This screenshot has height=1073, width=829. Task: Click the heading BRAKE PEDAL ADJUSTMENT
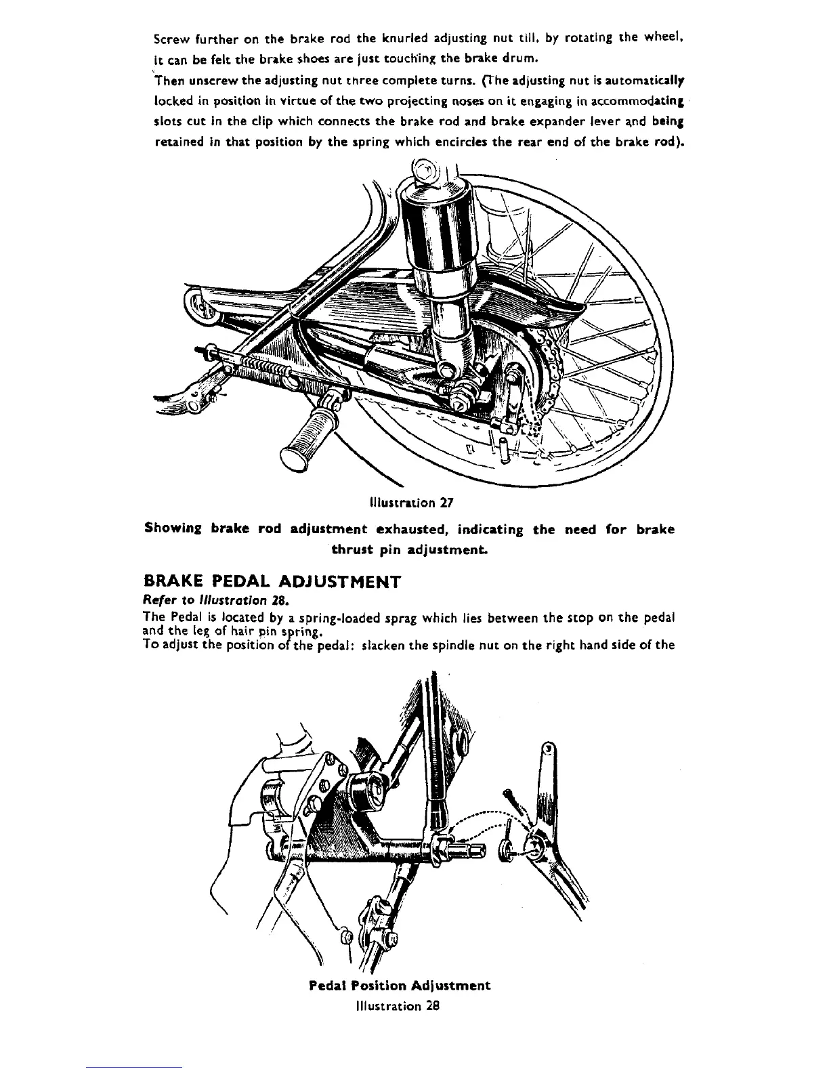[273, 582]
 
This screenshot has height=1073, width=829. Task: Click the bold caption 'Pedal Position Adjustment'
[399, 986]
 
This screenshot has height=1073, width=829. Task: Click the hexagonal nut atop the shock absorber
[423, 169]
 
